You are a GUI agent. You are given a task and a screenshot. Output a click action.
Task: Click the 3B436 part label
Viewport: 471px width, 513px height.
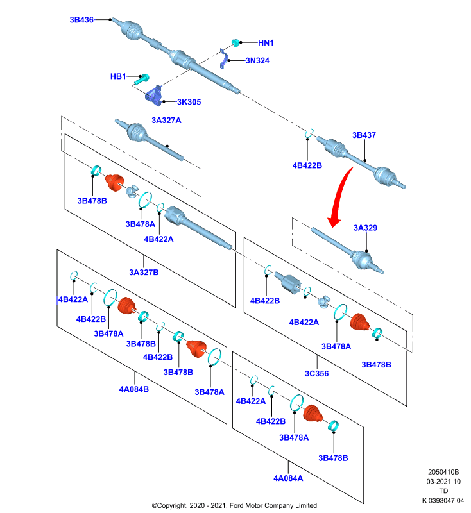tap(81, 20)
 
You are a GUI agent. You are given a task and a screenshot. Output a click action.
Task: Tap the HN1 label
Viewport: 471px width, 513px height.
tap(266, 43)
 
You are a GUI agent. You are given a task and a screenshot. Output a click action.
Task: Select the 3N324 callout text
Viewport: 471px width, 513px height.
tap(257, 60)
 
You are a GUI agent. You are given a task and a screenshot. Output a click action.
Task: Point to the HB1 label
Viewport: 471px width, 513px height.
tap(118, 76)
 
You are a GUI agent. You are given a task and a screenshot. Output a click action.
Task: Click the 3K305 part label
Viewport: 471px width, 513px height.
tap(189, 102)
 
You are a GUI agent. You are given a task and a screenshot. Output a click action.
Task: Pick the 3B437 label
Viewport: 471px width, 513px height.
tap(364, 135)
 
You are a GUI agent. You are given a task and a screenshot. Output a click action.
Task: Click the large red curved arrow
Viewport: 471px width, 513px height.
tap(340, 196)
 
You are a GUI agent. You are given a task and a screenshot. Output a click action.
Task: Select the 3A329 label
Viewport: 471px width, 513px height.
tap(365, 228)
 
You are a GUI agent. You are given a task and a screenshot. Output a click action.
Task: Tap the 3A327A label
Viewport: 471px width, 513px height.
tap(166, 121)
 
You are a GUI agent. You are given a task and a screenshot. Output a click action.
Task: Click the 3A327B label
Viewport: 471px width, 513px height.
tap(144, 273)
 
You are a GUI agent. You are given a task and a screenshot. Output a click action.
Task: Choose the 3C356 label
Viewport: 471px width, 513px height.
tap(317, 374)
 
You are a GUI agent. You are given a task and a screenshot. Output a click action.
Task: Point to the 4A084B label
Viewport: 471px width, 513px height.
tap(134, 389)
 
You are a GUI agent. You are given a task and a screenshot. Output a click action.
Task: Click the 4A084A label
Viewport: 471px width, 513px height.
tap(288, 478)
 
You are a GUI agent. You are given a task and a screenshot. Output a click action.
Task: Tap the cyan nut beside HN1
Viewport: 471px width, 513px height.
tap(235, 43)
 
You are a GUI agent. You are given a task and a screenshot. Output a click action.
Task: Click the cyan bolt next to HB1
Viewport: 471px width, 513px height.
tap(142, 79)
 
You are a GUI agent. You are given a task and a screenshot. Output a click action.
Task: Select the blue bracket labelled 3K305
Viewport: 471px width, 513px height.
tap(154, 96)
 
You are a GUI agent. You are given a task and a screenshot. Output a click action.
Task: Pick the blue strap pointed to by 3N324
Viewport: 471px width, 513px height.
tap(223, 59)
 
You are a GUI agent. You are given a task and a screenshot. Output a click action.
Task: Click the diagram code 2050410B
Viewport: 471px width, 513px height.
tap(443, 472)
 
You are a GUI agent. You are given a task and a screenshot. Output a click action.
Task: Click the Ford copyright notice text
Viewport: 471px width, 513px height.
tap(234, 505)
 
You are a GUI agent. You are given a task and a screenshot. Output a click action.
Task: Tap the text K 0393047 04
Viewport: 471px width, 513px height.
tap(443, 501)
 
